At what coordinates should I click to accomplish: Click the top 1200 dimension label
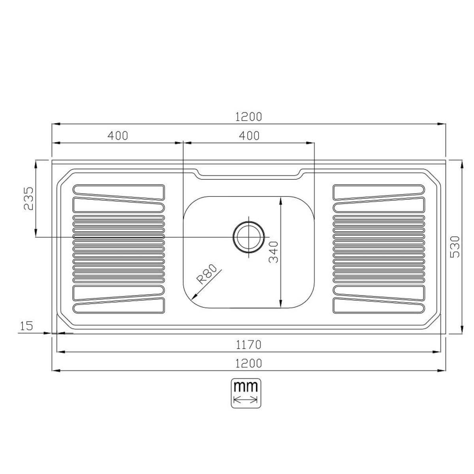(248, 117)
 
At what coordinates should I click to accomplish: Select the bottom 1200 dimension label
(248, 363)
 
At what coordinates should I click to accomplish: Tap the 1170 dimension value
(248, 344)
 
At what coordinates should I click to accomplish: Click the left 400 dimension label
(118, 135)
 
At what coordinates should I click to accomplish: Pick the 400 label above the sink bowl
(249, 135)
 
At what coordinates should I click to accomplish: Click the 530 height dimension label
(455, 247)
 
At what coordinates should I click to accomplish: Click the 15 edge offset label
(26, 326)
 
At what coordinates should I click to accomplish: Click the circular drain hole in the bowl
(249, 237)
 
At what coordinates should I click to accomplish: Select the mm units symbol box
(246, 393)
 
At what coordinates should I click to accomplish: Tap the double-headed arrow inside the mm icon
(246, 401)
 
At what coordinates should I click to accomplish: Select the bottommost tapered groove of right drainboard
(379, 305)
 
